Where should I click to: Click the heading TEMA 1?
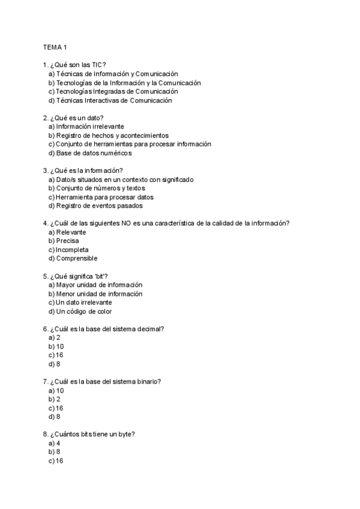[55, 47]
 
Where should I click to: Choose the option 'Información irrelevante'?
[90, 127]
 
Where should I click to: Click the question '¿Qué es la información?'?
[85, 170]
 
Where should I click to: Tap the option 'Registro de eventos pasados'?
[99, 205]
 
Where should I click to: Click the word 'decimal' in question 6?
[151, 329]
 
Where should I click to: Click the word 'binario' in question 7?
[149, 381]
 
